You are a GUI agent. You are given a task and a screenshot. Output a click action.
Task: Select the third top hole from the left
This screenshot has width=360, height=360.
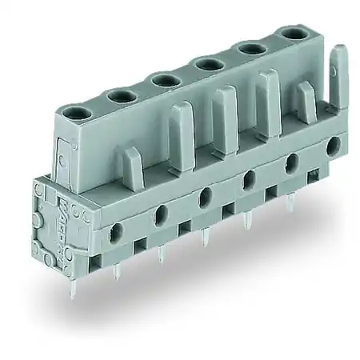[x=166, y=79]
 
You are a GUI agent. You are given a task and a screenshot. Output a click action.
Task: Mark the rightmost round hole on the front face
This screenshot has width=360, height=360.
[x=333, y=143]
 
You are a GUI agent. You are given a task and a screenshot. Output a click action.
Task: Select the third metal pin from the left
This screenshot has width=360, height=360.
[x=206, y=237]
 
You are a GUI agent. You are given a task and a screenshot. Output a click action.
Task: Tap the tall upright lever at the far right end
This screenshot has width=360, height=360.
[x=338, y=76]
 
